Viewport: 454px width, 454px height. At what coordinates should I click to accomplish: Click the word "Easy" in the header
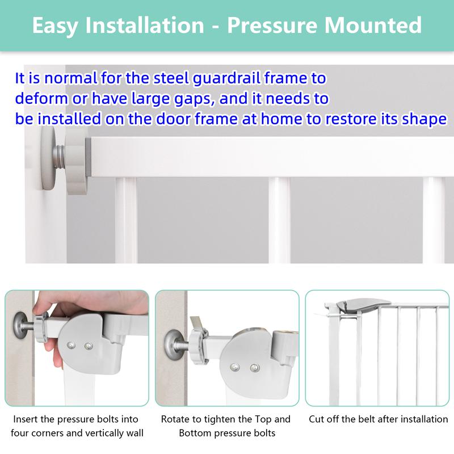pyautogui.click(x=58, y=26)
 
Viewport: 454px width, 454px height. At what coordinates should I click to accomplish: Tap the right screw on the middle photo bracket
pyautogui.click(x=254, y=368)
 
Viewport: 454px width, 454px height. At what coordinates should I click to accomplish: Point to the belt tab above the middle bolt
pyautogui.click(x=197, y=322)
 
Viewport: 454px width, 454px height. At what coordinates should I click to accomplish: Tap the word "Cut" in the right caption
pyautogui.click(x=317, y=419)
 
